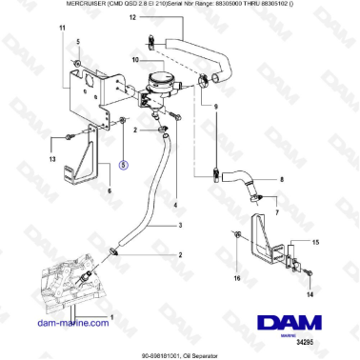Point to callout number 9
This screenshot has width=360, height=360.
pos(215,106)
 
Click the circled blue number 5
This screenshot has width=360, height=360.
pos(123,163)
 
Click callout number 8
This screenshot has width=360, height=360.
pos(281,179)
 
